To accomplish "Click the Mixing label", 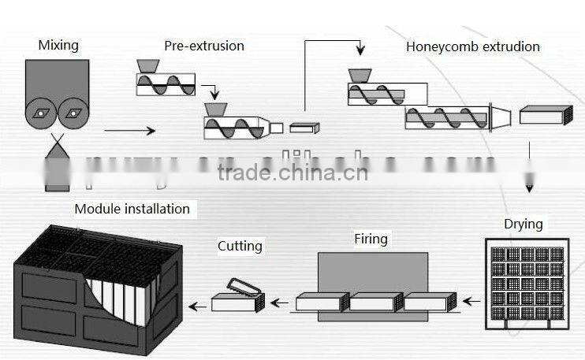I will (x=58, y=45).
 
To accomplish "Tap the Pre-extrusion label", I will (x=204, y=46).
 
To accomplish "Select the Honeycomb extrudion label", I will (x=473, y=46).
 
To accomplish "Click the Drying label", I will (x=524, y=224).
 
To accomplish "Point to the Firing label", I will (x=371, y=238).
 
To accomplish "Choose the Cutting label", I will (x=240, y=246).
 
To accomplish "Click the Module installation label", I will (x=132, y=209).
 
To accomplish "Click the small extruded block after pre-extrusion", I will (x=304, y=128).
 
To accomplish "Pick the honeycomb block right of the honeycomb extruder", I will (x=546, y=116).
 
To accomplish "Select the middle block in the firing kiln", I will (x=376, y=302).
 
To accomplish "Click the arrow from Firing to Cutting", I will (x=278, y=301).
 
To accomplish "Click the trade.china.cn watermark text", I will (x=292, y=172).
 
